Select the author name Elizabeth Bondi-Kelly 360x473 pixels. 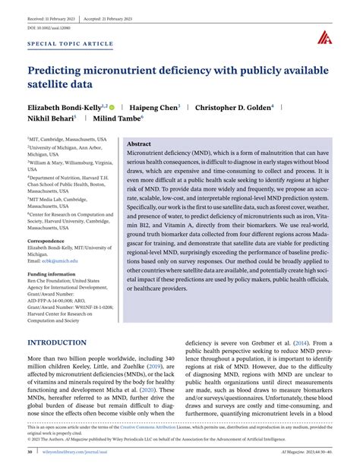[62, 109]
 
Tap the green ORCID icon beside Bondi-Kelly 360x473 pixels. [113, 109]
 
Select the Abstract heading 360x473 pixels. [139, 143]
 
